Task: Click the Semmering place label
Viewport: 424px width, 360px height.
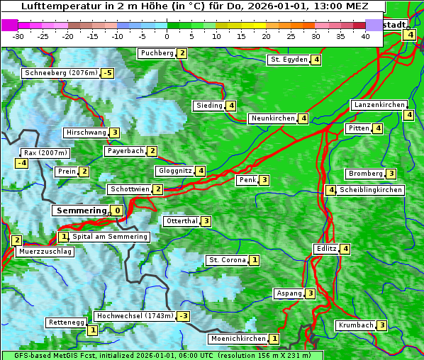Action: coord(81,210)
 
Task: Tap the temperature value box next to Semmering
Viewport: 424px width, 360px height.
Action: coord(117,210)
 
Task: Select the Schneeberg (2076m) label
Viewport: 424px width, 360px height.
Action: coord(60,73)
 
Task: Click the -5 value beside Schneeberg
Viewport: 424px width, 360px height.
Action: coord(107,73)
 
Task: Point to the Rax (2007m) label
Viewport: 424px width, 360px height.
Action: coord(45,152)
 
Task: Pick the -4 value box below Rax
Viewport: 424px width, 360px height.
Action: coord(22,163)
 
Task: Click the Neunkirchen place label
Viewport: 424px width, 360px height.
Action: coord(272,118)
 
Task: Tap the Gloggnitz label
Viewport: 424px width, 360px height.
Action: coord(174,171)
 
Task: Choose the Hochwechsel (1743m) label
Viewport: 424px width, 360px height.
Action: coord(134,315)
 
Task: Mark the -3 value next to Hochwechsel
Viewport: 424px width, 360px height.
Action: coord(184,316)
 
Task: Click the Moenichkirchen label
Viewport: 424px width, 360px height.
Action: coord(238,339)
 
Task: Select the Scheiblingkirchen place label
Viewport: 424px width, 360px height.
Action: coord(371,190)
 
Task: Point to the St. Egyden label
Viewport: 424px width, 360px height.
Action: coord(288,60)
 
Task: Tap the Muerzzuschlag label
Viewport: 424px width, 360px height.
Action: coord(45,252)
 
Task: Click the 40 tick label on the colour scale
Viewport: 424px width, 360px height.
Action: coord(365,35)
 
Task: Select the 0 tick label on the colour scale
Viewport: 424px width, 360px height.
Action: coord(167,35)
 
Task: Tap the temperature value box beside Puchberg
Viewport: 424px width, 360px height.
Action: coord(182,53)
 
